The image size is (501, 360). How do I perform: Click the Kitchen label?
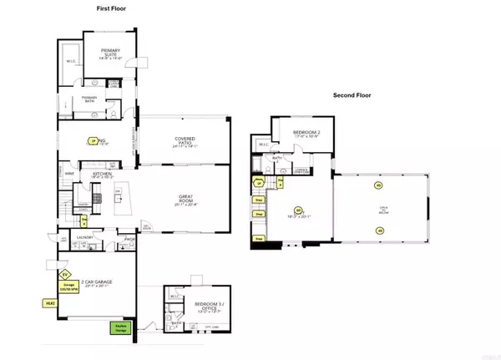(x=101, y=175)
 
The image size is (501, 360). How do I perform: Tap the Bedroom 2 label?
(x=308, y=134)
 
